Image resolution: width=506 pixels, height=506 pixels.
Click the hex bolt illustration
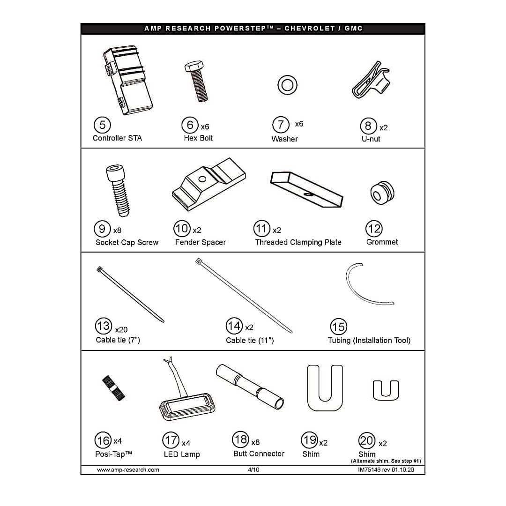[197, 82]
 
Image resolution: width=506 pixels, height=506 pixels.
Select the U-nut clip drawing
[371, 81]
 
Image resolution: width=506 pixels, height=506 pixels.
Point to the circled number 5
[102, 125]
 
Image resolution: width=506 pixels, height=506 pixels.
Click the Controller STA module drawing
[128, 80]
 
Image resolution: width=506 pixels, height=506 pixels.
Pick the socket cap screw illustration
[118, 190]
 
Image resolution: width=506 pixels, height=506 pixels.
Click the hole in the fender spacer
[202, 179]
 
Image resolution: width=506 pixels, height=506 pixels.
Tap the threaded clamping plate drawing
[306, 189]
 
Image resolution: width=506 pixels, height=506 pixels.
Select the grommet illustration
[382, 193]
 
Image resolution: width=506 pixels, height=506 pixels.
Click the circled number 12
[374, 229]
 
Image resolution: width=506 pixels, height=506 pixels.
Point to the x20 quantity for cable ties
[121, 329]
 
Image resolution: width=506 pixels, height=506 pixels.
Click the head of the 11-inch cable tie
[199, 261]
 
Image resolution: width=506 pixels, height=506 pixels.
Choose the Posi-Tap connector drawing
[113, 388]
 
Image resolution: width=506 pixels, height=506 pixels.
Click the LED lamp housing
[187, 406]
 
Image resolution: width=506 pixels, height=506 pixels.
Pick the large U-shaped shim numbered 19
[325, 405]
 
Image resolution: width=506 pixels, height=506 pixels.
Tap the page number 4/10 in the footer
[253, 469]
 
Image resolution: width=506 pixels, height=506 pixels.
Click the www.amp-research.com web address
[128, 469]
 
